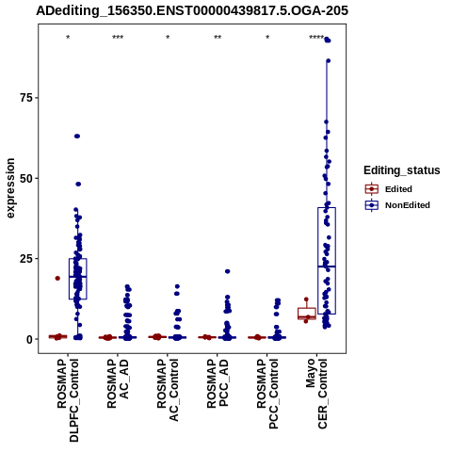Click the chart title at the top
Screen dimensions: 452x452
pos(192,10)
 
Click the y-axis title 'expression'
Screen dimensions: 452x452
pos(10,188)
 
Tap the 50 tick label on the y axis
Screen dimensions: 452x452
pos(26,178)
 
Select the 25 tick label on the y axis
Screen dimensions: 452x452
pos(26,259)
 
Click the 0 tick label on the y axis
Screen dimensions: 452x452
pos(30,339)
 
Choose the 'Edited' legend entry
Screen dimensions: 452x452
pos(398,189)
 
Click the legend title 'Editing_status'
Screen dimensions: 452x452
pos(402,170)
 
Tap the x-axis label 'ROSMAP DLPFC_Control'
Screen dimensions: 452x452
pos(68,400)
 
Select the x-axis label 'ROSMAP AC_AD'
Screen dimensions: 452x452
pos(118,383)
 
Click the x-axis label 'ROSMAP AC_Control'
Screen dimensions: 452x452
pos(168,390)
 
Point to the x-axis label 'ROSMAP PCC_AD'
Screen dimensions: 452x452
pos(218,383)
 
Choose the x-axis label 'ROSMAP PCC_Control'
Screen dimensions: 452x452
pos(267,394)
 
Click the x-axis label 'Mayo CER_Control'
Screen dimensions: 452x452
pos(316,394)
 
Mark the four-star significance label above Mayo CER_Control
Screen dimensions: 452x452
pos(316,38)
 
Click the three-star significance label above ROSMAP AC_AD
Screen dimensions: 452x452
pos(118,38)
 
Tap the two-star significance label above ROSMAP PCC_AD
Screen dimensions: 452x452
pos(218,38)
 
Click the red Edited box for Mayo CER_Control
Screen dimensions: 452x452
pos(307,314)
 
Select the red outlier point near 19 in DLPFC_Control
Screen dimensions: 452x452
pos(57,278)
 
